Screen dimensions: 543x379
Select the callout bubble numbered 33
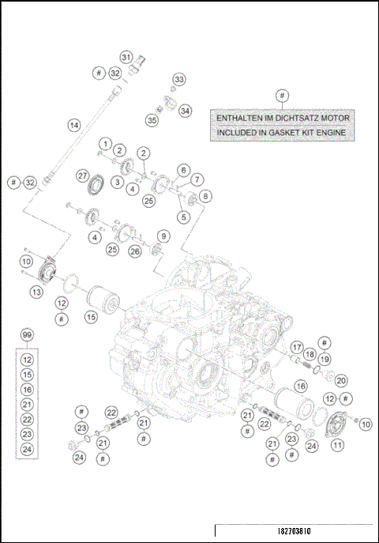179,80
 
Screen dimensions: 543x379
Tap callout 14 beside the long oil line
73,125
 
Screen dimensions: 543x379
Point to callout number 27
82,175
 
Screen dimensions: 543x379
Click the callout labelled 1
103,143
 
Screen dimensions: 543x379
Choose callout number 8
205,195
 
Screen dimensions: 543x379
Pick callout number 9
163,236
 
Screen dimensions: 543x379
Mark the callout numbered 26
135,251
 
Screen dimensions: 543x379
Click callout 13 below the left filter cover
36,292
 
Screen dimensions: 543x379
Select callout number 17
297,347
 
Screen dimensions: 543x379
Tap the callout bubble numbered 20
341,380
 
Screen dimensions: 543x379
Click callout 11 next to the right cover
338,445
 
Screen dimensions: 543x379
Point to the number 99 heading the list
28,336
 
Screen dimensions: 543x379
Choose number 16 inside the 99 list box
28,390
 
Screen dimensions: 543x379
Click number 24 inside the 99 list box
28,449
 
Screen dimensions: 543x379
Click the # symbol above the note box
282,96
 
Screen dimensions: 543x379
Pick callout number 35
151,119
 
